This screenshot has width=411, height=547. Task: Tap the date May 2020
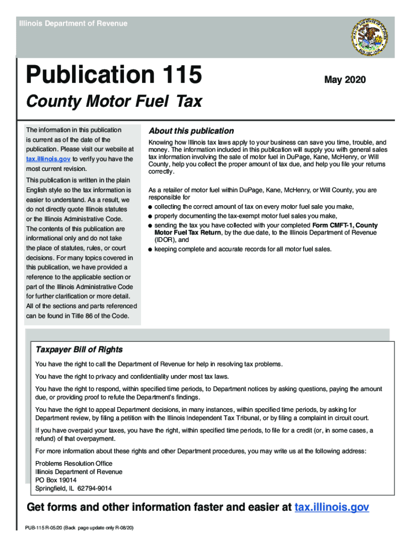click(x=345, y=80)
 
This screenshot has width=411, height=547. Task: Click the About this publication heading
click(x=191, y=131)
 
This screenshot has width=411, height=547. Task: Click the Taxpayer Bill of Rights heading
click(x=79, y=350)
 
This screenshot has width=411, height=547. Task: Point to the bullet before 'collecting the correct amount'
click(x=151, y=207)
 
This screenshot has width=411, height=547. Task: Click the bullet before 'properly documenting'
click(x=151, y=216)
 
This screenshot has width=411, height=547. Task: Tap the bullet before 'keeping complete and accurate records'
click(x=151, y=249)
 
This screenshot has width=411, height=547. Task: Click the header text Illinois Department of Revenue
click(x=73, y=24)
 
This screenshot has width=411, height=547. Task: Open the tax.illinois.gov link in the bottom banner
click(x=331, y=507)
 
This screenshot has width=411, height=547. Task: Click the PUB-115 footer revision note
click(x=79, y=528)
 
